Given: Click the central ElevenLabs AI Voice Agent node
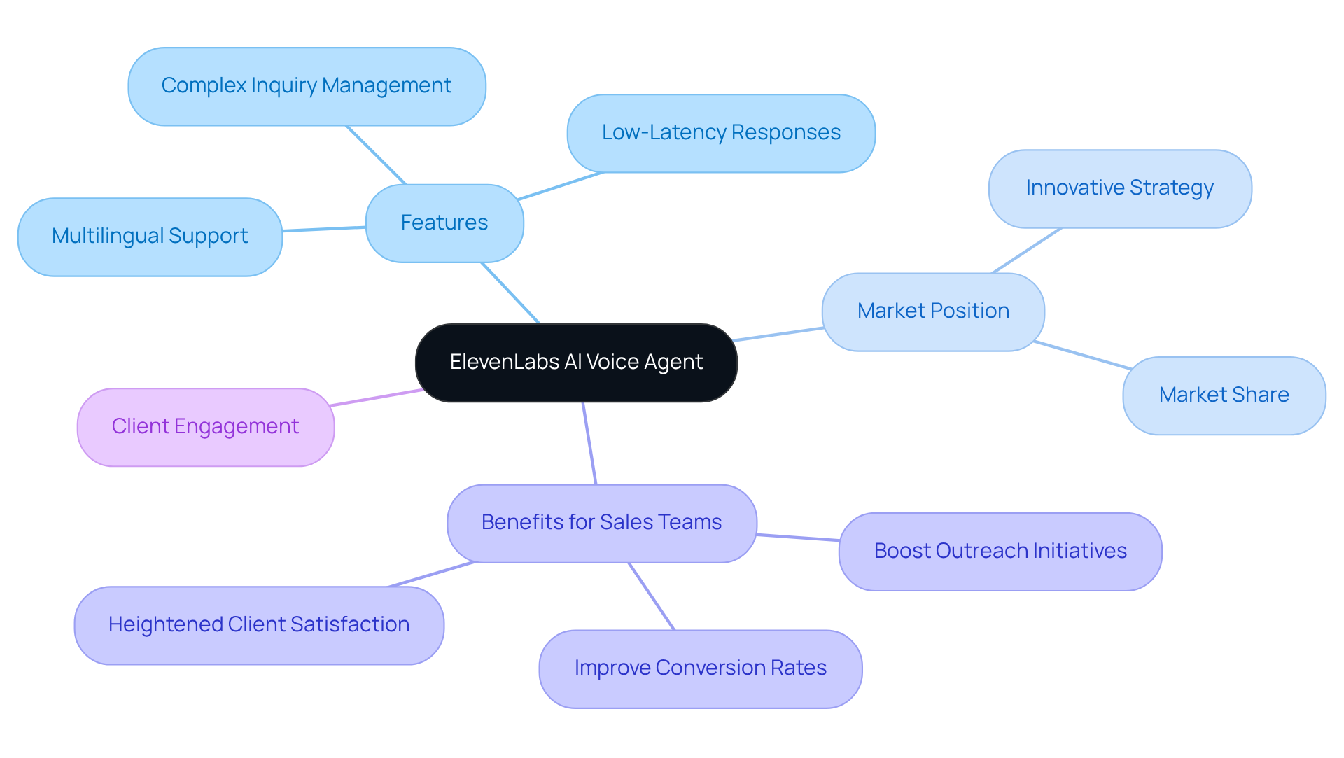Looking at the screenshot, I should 576,363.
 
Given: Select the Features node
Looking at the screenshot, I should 444,223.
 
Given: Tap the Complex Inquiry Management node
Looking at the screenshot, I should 307,86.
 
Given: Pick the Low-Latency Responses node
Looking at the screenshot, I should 721,133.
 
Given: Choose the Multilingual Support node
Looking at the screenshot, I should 150,237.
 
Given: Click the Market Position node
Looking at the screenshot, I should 933,311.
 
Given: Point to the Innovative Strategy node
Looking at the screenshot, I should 1120,188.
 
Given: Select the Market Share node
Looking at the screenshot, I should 1224,395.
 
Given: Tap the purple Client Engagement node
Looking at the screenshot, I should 205,427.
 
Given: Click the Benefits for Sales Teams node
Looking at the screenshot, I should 601,523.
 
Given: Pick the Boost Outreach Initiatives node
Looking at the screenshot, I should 1000,552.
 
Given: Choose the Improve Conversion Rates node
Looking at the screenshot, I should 700,668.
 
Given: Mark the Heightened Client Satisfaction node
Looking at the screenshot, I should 259,625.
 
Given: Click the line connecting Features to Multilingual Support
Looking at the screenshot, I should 324,229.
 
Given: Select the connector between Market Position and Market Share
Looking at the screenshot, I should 1082,355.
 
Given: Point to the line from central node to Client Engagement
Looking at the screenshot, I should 376,398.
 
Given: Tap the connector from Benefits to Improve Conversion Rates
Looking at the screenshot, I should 652,596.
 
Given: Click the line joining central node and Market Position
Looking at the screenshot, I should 778,334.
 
